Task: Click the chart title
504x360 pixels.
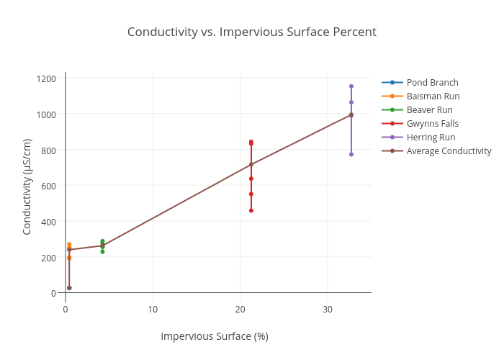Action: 251,32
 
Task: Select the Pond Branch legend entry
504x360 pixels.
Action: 432,82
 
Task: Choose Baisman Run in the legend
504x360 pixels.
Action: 433,96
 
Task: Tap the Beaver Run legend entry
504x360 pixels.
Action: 429,109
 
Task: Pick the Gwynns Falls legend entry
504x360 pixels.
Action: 432,123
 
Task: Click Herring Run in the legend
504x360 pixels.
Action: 431,137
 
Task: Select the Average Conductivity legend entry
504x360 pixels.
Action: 449,150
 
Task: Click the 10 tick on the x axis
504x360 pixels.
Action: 153,309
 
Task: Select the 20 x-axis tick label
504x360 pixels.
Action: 240,309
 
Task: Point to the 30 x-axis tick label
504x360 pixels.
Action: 328,309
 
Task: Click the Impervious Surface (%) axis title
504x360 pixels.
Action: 214,336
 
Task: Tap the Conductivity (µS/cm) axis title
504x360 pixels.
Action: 27,186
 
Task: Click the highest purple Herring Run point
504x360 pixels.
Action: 351,86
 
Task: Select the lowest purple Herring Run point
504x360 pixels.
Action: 351,154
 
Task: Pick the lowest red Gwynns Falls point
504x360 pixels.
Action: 251,210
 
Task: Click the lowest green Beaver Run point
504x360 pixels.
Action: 102,251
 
